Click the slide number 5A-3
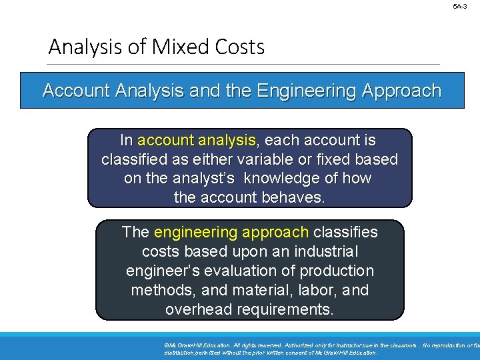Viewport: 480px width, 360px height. coord(460,6)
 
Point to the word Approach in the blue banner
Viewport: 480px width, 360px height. coord(401,91)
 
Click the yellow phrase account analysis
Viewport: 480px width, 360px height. coord(197,141)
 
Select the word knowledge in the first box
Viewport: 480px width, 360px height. coord(290,179)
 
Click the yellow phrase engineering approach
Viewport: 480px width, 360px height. coord(231,233)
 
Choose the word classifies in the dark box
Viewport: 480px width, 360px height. coord(345,233)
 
